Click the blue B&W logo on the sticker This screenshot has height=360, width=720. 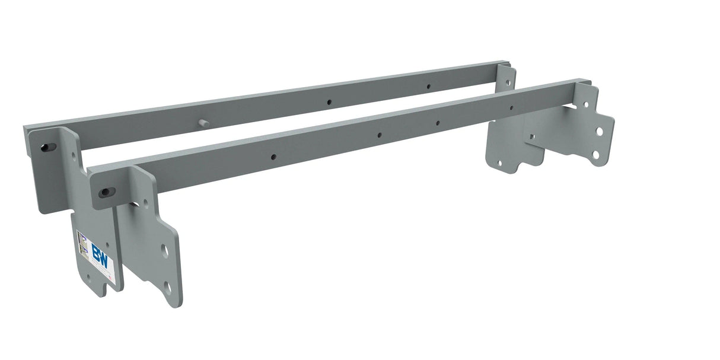[100, 256]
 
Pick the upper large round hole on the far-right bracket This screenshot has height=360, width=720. [600, 131]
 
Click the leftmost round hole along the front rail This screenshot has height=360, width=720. [273, 157]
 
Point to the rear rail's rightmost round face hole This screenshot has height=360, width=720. [428, 86]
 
